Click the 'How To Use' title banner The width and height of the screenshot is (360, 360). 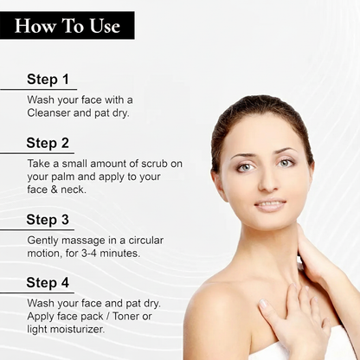click(67, 25)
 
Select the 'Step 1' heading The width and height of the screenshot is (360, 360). click(48, 79)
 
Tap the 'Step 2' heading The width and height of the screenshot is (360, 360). click(48, 144)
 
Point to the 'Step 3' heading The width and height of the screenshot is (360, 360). click(48, 219)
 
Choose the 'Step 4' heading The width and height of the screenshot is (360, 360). click(48, 282)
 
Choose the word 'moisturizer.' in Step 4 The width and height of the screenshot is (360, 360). click(80, 330)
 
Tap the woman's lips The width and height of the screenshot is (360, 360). click(269, 205)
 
